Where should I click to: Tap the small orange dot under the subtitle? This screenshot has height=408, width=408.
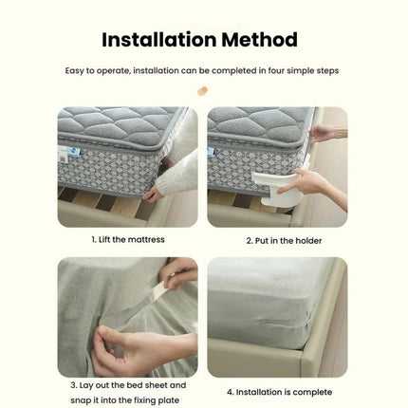pos(201,91)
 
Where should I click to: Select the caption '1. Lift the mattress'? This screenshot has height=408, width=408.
pos(128,240)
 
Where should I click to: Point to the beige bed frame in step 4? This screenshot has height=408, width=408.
pos(323,356)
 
